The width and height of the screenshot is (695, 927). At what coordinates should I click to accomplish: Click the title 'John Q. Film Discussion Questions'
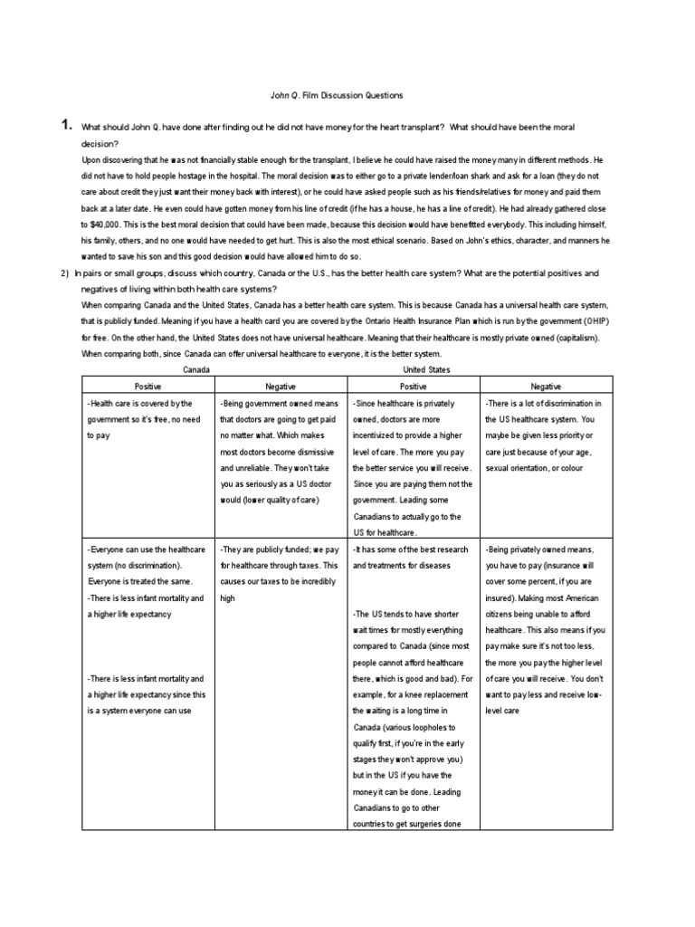[x=337, y=95]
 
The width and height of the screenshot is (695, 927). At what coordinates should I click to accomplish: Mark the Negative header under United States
[x=545, y=386]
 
